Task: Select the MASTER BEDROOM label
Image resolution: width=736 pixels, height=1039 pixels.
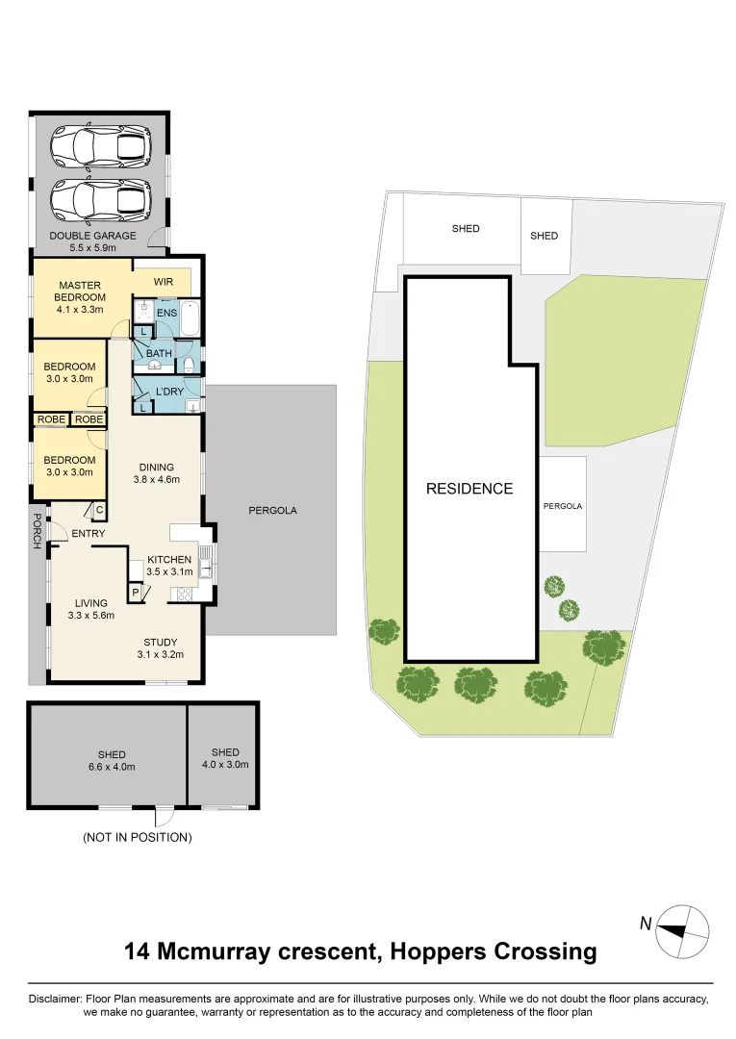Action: [81, 291]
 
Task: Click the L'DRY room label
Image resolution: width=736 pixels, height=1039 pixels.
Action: [169, 392]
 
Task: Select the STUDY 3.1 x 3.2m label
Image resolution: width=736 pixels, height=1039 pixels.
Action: [161, 648]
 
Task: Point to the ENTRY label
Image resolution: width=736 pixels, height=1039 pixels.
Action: [87, 534]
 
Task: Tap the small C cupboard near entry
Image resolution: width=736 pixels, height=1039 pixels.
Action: [99, 511]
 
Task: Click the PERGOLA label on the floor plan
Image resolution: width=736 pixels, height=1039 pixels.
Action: [272, 511]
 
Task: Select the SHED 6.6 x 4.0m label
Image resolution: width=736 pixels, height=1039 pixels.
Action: [112, 761]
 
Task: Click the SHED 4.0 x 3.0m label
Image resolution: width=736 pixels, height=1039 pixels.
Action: [225, 759]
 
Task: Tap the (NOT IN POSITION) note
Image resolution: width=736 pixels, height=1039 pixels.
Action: [138, 838]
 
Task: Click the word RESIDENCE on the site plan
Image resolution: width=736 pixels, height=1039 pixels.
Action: [470, 489]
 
